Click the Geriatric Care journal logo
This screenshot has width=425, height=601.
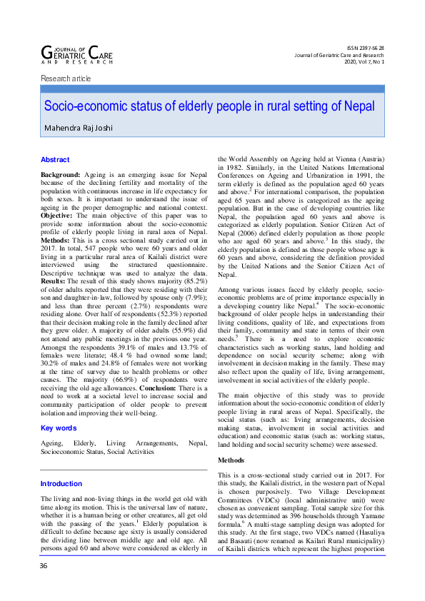(x=77, y=54)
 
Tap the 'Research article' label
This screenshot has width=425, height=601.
(x=66, y=78)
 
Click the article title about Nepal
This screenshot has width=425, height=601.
(x=209, y=106)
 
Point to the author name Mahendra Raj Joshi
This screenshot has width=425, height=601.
(x=80, y=129)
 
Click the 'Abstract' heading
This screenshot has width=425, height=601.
(x=55, y=160)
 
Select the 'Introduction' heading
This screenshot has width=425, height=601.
(x=61, y=484)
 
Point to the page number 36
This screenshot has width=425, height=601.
(x=45, y=586)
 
